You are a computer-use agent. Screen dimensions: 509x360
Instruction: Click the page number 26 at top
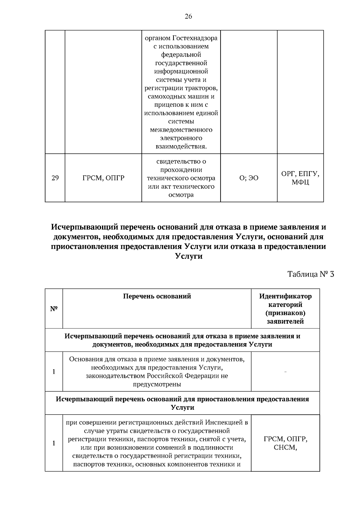[x=188, y=16]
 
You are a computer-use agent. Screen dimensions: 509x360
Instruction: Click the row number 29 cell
[x=55, y=178]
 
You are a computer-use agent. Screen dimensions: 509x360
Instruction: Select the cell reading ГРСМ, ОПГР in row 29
[x=103, y=178]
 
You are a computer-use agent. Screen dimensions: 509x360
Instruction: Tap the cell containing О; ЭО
[x=249, y=178]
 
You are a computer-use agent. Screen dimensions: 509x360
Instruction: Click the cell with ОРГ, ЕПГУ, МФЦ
[x=300, y=178]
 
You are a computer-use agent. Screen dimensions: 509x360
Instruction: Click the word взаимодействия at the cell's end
[x=181, y=147]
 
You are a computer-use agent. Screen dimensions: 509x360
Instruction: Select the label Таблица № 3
[x=310, y=274]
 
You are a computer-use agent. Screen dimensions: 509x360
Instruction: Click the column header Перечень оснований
[x=157, y=296]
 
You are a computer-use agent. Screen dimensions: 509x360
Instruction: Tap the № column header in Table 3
[x=54, y=309]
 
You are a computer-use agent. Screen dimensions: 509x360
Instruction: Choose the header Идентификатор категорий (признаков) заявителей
[x=285, y=309]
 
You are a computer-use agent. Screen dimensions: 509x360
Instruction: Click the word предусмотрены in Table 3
[x=157, y=384]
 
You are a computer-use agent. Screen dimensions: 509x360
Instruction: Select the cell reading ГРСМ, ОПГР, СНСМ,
[x=285, y=443]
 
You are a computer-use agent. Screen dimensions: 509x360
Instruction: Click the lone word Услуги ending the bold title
[x=188, y=256]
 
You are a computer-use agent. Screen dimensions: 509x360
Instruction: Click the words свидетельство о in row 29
[x=181, y=161]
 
